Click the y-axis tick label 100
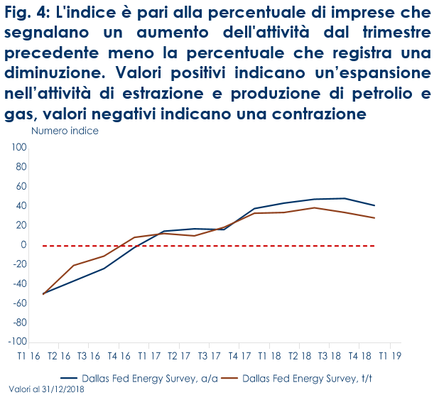(x=18, y=148)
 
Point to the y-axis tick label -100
(x=17, y=342)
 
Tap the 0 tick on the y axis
(x=23, y=245)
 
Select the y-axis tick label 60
(x=21, y=187)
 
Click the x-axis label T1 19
(x=389, y=355)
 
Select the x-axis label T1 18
(x=269, y=355)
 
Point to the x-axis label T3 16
(x=88, y=355)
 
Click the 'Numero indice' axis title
(x=65, y=131)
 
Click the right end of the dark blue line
(x=374, y=205)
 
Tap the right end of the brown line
(x=374, y=218)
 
